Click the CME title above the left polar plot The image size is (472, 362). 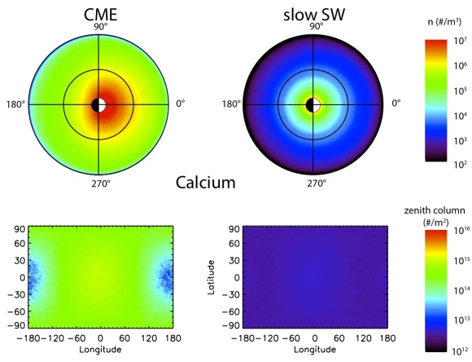point(101,15)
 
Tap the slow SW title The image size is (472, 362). point(314,15)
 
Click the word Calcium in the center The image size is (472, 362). point(206,183)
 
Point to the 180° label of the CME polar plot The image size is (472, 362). point(15,104)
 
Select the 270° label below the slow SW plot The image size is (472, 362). point(317,183)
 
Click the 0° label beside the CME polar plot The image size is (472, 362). point(181,104)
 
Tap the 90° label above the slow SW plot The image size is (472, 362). point(317,26)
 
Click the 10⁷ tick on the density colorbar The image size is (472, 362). point(461,41)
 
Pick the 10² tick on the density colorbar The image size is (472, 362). point(461,165)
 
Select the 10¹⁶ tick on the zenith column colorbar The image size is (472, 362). point(461,231)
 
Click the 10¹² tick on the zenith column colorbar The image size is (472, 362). point(461,351)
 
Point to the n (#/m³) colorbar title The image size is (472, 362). point(444,22)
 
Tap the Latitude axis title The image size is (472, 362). point(211,277)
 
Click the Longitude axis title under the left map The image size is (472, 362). point(100,349)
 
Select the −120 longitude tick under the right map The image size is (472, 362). point(269,338)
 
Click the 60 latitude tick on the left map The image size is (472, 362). point(20,243)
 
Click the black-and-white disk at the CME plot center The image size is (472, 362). point(98,105)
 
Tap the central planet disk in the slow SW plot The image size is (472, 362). point(313,105)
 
